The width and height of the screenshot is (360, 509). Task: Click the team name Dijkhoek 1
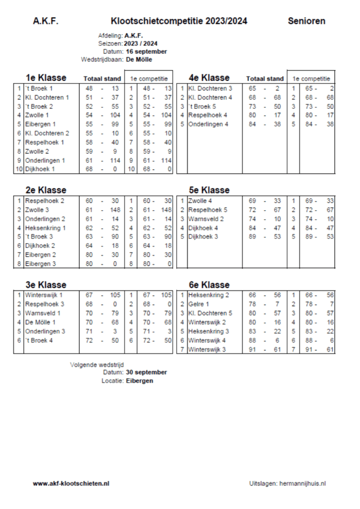coord(40,170)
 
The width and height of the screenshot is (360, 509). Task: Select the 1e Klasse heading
coord(46,78)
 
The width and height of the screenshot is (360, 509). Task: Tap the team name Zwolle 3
coord(37,210)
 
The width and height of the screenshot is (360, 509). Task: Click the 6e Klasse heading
coord(209,285)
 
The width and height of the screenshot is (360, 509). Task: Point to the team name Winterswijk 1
coord(44,295)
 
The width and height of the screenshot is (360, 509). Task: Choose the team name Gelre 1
coord(199,304)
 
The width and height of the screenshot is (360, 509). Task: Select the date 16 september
coord(147,52)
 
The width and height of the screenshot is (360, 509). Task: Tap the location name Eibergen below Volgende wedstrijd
coord(140,381)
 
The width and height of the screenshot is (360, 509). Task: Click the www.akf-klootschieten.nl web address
coord(71,483)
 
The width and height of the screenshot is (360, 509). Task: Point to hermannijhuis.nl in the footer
coord(303,483)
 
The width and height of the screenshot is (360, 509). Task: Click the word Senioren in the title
coord(306,21)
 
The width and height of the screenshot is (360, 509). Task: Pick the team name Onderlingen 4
coord(208,124)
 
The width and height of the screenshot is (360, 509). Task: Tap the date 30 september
coord(147,372)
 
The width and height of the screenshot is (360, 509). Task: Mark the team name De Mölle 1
coord(40,322)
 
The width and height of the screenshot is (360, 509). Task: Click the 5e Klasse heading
coord(209,190)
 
